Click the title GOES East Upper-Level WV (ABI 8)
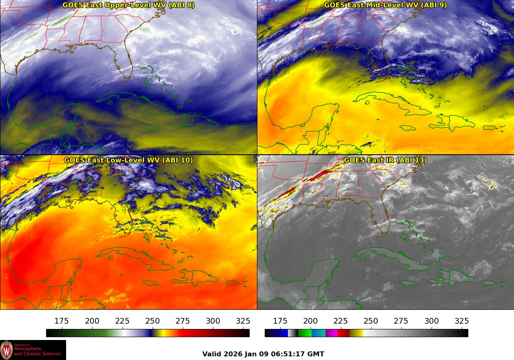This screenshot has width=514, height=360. pos(128,5)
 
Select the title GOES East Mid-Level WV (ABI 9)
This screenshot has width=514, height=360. pos(385,5)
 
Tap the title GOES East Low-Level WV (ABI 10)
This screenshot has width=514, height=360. pos(128,160)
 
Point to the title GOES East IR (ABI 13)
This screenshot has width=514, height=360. pos(385,160)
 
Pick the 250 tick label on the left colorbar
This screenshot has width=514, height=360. pos(153,321)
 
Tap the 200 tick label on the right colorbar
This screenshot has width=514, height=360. pos(310,321)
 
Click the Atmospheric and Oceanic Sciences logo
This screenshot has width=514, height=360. pos(33,350)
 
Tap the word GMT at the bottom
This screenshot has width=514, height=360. pos(317,354)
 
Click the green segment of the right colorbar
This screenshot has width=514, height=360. pos(304,333)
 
